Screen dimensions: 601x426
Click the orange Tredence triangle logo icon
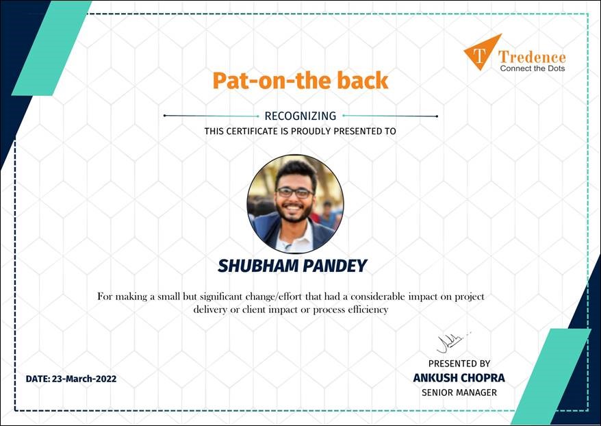pyautogui.click(x=481, y=53)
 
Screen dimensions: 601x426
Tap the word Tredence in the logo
pyautogui.click(x=532, y=58)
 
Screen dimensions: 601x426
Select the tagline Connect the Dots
pyautogui.click(x=533, y=68)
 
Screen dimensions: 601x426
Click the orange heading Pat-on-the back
pyautogui.click(x=300, y=81)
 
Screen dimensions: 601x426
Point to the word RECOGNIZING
pyautogui.click(x=300, y=116)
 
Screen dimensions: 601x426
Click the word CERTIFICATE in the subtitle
pyautogui.click(x=252, y=131)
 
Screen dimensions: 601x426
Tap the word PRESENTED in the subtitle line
pyautogui.click(x=355, y=131)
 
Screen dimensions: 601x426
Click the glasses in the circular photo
pyautogui.click(x=294, y=192)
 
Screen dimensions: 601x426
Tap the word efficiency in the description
pyautogui.click(x=368, y=310)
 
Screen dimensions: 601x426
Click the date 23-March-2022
pyautogui.click(x=84, y=379)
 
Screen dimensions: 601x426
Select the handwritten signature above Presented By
pyautogui.click(x=453, y=342)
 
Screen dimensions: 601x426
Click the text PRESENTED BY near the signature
pyautogui.click(x=459, y=364)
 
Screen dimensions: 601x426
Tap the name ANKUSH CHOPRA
pyautogui.click(x=459, y=378)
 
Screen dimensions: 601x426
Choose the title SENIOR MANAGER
pyautogui.click(x=459, y=392)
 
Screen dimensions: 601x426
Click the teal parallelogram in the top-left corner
pyautogui.click(x=52, y=48)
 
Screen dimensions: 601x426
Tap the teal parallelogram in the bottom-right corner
pyautogui.click(x=551, y=376)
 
